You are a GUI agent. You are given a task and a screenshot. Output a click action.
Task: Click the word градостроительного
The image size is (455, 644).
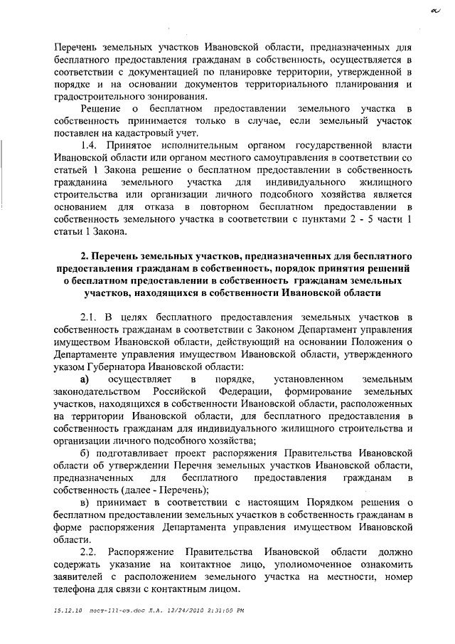100,95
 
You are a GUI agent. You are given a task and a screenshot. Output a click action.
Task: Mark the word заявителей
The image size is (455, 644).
80,579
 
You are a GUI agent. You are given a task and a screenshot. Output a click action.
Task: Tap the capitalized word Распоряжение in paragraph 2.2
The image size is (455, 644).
146,553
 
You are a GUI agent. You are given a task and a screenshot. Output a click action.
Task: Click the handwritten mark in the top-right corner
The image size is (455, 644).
433,9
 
